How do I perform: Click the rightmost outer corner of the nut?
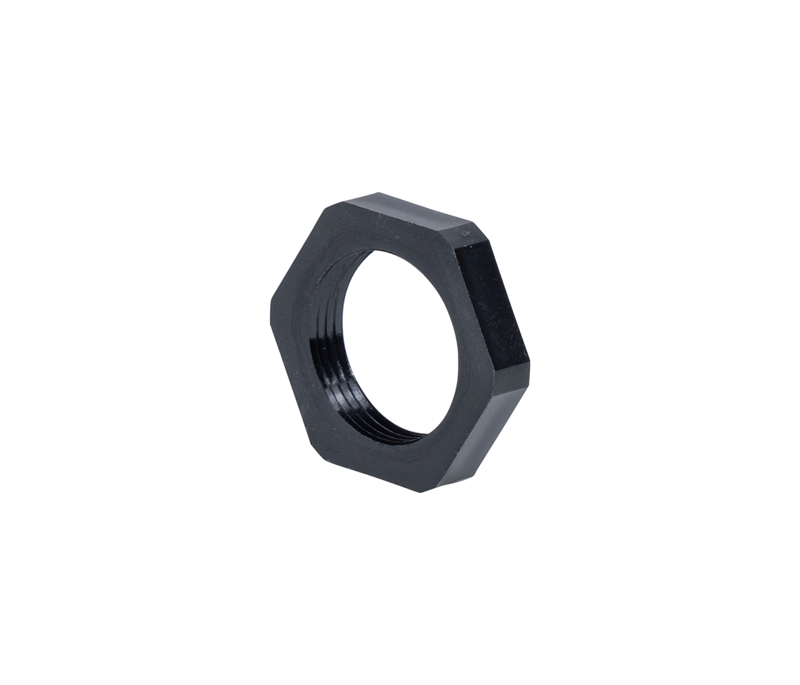pyautogui.click(x=528, y=367)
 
